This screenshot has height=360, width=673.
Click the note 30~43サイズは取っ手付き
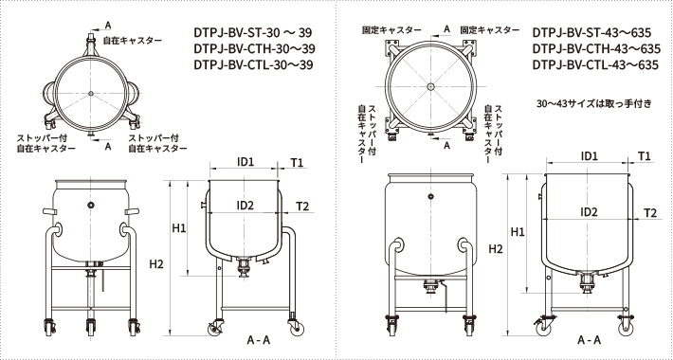point(591,101)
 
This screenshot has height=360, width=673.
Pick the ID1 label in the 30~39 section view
point(245,162)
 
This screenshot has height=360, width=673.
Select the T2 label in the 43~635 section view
point(650,214)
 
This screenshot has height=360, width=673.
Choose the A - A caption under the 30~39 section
point(259,339)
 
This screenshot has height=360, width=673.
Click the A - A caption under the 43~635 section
point(588,339)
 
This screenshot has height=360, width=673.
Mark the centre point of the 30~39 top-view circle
point(90,92)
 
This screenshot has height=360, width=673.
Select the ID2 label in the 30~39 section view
point(245,206)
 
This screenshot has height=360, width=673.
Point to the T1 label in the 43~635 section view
point(645,154)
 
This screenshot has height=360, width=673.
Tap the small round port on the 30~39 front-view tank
point(90,205)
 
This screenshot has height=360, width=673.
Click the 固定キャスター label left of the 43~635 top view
point(385,30)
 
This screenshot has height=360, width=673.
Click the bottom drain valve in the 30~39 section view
point(246,269)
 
